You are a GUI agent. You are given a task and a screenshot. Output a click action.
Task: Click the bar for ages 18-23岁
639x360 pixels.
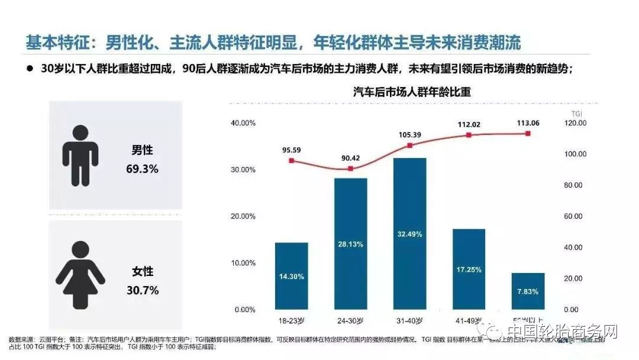291,276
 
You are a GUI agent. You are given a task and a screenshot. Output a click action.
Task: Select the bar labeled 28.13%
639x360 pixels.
350,244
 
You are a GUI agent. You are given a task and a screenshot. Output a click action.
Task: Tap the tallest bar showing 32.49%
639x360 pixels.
409,234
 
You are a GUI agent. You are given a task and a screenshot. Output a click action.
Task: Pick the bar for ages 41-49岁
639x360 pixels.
469,269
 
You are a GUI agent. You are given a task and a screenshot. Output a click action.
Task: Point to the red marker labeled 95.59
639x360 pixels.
291,160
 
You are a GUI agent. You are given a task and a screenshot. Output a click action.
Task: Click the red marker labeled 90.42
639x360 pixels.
350,169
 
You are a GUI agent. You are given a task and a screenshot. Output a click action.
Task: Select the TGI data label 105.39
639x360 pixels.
409,135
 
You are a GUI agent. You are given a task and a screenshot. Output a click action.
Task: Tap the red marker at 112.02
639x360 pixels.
469,135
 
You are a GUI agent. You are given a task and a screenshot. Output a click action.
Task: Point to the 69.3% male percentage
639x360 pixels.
142,169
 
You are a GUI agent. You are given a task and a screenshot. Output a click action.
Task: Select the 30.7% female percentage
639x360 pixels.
142,290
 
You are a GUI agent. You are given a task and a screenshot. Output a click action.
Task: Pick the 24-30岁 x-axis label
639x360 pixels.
350,320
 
